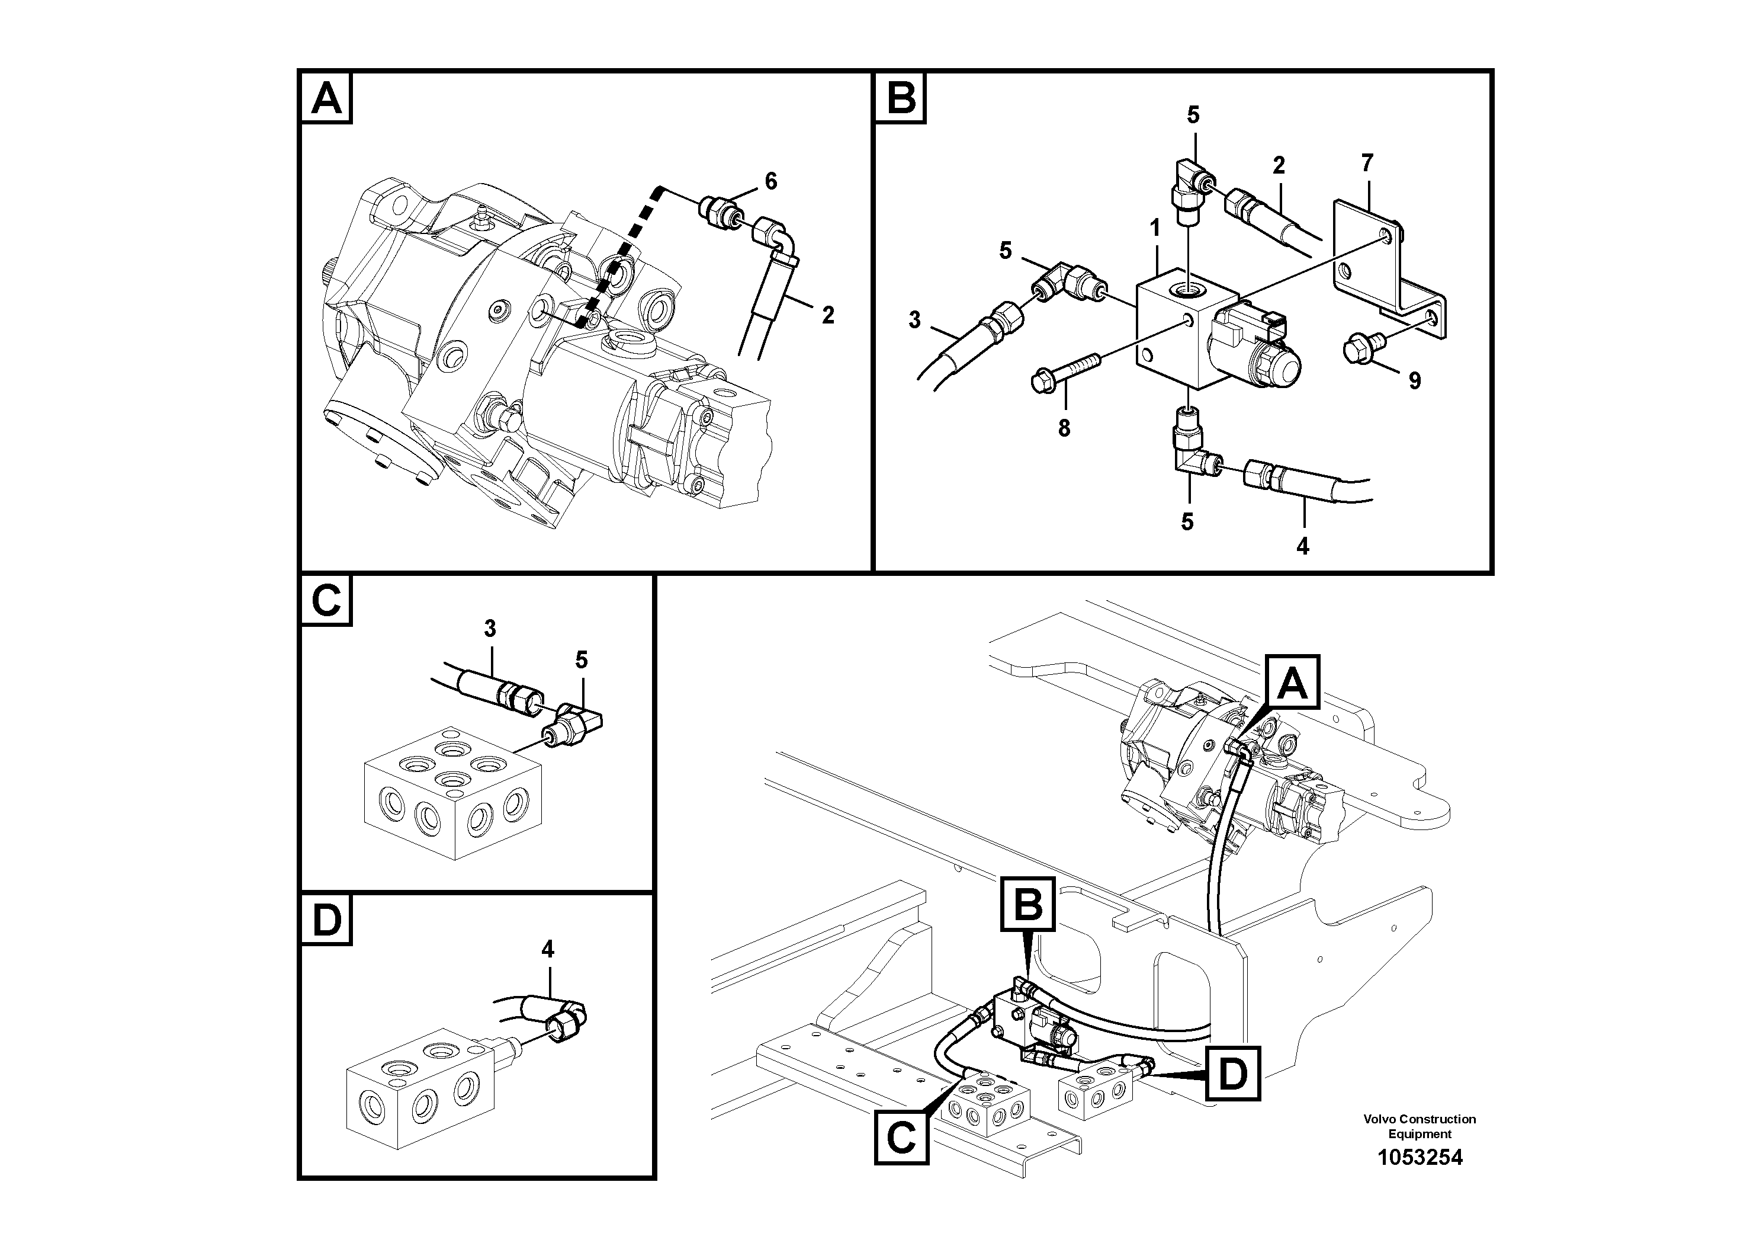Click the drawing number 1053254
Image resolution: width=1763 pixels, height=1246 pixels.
point(1419,1157)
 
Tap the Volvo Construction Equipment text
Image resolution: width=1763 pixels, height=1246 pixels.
point(1419,1126)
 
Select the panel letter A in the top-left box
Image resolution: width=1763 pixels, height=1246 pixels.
point(326,99)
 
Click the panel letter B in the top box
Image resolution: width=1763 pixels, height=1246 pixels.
point(901,99)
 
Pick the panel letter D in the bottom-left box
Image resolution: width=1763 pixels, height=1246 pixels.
point(326,920)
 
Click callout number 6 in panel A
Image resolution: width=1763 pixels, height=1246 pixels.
point(770,181)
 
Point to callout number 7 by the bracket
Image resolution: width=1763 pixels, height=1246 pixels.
point(1367,163)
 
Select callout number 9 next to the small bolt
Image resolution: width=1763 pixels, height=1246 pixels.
point(1414,380)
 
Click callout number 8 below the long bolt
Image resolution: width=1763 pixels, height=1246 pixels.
point(1064,428)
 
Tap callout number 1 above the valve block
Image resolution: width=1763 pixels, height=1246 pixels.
point(1154,228)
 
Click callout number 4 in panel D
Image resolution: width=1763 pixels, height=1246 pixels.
point(547,950)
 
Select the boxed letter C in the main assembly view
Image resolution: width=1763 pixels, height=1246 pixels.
point(901,1138)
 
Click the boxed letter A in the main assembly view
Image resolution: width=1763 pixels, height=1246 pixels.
point(1292,682)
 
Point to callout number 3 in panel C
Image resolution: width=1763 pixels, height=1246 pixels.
point(490,629)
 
